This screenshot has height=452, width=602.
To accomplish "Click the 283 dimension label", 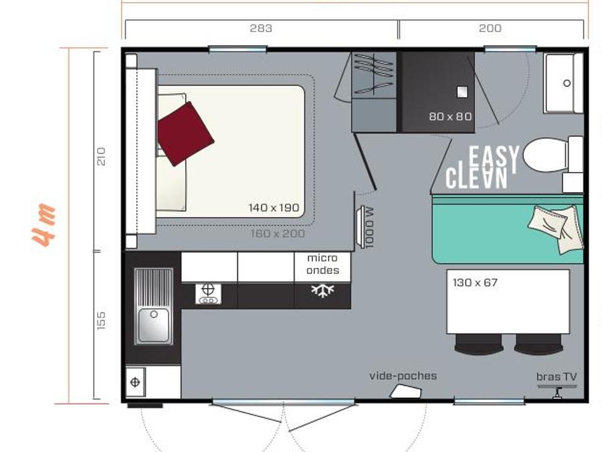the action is pyautogui.click(x=261, y=28).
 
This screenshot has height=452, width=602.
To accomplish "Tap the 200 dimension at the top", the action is pyautogui.click(x=490, y=28).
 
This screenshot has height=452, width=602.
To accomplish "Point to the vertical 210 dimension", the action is pyautogui.click(x=100, y=157).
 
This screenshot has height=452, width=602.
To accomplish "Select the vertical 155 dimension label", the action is pyautogui.click(x=100, y=320).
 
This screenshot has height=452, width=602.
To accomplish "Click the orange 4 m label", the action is pyautogui.click(x=43, y=225).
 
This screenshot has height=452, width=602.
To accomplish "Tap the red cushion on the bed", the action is pyautogui.click(x=185, y=134).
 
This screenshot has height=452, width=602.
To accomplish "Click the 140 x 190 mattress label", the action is pyautogui.click(x=274, y=208).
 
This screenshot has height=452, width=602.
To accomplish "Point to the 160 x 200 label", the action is pyautogui.click(x=278, y=233).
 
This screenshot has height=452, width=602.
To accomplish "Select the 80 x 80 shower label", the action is pyautogui.click(x=450, y=116).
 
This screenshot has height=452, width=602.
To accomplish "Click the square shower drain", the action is pyautogui.click(x=462, y=92).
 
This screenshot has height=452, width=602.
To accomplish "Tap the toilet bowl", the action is pyautogui.click(x=545, y=155).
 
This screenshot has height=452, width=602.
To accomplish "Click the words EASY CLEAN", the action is pyautogui.click(x=482, y=167).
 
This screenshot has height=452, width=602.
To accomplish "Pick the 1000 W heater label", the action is pyautogui.click(x=369, y=228).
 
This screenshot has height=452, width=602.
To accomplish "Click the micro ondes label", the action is pyautogui.click(x=322, y=264).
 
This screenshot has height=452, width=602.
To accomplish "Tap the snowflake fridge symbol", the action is pyautogui.click(x=322, y=290).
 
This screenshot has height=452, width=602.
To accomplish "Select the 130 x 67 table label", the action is pyautogui.click(x=475, y=283).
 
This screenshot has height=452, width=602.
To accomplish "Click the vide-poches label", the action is pyautogui.click(x=403, y=376).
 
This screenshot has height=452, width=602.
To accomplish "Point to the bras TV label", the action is pyautogui.click(x=557, y=376).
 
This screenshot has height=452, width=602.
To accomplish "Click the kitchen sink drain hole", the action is pyautogui.click(x=154, y=315).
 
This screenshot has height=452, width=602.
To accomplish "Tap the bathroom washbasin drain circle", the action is pyautogui.click(x=567, y=83).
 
